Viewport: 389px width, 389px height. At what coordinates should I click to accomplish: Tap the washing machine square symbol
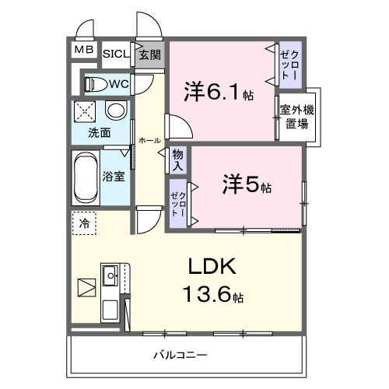[86, 111]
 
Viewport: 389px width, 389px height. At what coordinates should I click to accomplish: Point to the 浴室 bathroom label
[114, 176]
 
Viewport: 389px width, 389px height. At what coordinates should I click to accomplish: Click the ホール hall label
[149, 140]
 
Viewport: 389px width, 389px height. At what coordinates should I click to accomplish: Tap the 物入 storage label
[177, 161]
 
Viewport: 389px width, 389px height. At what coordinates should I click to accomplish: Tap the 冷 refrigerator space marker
[84, 224]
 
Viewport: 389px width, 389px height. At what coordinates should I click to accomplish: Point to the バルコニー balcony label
[180, 356]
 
